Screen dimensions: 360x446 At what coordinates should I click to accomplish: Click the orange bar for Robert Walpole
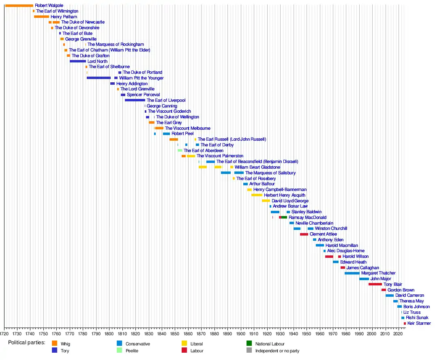tap(19, 6)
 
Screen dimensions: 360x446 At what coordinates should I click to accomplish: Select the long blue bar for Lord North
tap(78, 61)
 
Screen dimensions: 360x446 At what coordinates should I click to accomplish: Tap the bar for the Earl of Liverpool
tap(135, 100)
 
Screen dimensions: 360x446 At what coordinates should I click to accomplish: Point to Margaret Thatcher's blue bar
tap(352, 273)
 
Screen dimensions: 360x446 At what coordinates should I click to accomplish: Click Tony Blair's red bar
tap(375, 285)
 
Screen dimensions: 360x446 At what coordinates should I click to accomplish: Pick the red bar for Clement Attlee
tap(304, 234)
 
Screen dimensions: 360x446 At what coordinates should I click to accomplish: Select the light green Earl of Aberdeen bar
tap(180, 150)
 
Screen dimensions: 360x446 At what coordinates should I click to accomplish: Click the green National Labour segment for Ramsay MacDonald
tap(284, 218)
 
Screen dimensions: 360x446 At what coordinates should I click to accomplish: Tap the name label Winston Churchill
tap(331, 229)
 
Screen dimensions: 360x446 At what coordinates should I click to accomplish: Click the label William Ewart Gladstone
tap(257, 167)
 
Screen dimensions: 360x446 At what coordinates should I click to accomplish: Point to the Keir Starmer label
tap(419, 324)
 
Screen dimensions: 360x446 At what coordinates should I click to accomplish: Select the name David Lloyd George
tap(290, 201)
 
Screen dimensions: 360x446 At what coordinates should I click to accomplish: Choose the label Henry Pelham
tap(64, 17)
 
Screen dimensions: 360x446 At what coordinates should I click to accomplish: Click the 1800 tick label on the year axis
tap(109, 334)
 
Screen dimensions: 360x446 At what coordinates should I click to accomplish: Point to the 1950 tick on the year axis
tap(307, 334)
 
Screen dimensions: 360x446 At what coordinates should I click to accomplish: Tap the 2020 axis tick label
tap(399, 334)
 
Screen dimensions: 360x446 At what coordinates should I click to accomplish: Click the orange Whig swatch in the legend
tap(54, 344)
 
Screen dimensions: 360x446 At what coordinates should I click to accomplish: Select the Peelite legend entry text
tap(132, 351)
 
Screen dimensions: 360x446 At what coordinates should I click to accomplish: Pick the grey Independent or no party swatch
tap(249, 351)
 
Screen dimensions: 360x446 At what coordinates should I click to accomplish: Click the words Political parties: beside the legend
tap(27, 343)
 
